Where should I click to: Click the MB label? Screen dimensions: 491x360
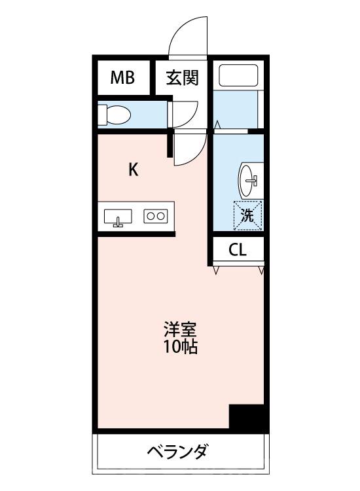point(122,79)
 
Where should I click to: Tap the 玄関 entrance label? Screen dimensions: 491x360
point(182,79)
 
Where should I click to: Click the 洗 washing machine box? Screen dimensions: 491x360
point(247,215)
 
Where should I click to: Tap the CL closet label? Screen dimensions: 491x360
point(238,250)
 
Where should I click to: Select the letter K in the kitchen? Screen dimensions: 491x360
point(133,170)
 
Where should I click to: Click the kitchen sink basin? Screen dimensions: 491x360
point(118,216)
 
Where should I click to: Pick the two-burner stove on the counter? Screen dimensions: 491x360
point(156,215)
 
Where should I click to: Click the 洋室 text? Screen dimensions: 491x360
point(180,329)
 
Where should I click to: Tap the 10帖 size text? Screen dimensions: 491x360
point(180,347)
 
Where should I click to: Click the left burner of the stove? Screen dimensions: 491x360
point(151,215)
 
